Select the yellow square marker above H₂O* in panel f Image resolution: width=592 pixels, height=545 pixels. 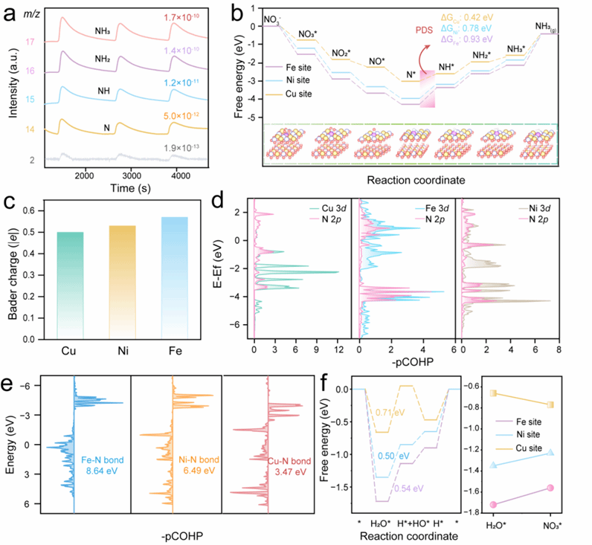pos(492,393)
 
